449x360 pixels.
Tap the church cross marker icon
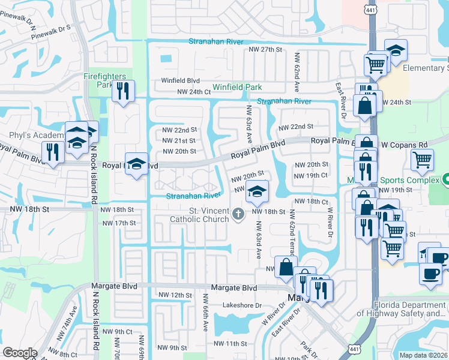coord(238,214)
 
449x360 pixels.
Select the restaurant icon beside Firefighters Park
coord(123,91)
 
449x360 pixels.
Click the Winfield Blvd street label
coord(179,80)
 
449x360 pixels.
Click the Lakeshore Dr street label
coord(243,305)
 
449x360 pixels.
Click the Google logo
coord(20,353)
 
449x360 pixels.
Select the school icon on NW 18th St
coord(257,191)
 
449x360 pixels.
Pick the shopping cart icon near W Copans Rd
coord(423,160)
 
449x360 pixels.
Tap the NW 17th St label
coord(119,223)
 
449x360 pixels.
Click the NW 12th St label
coord(175,295)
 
